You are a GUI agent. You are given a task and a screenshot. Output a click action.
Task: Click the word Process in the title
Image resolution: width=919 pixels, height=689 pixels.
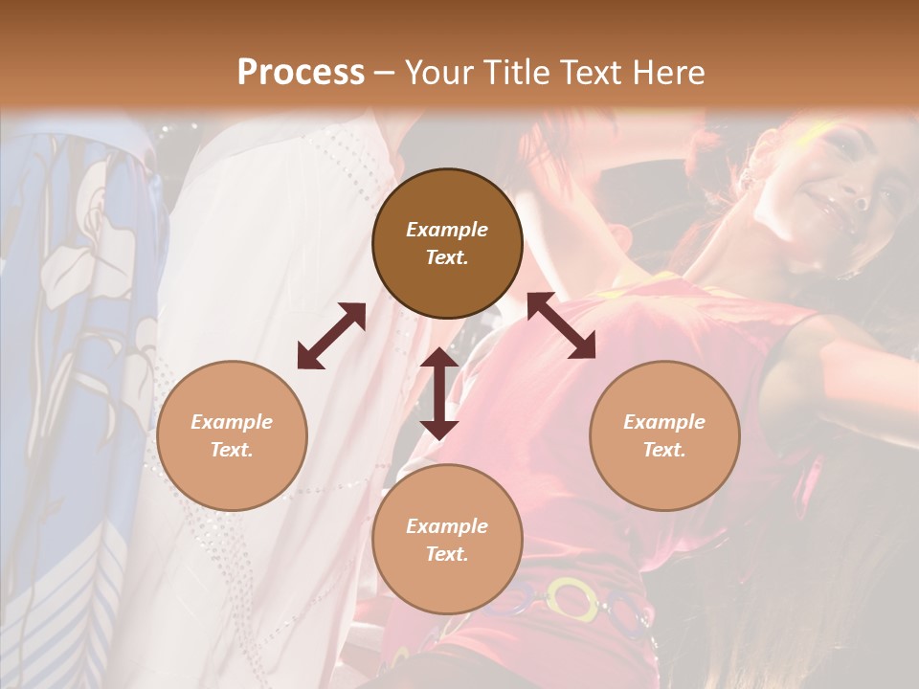tap(301, 73)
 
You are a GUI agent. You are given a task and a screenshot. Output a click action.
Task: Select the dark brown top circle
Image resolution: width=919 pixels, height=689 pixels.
tap(447, 243)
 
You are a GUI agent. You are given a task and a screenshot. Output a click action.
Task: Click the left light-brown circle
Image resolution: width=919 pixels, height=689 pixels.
tap(232, 435)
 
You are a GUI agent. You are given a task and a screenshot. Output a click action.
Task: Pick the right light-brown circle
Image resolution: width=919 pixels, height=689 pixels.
tap(664, 435)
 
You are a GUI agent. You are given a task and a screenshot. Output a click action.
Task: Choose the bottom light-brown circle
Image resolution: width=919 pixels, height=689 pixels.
tap(447, 539)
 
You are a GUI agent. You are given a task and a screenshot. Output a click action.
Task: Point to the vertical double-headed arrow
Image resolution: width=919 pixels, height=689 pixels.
tap(439, 393)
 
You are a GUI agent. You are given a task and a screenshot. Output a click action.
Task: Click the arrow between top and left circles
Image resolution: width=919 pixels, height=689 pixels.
tap(331, 336)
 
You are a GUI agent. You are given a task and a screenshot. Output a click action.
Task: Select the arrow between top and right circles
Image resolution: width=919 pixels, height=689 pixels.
tap(561, 325)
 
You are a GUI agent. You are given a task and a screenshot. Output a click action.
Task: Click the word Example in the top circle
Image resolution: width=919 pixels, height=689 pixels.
tap(447, 230)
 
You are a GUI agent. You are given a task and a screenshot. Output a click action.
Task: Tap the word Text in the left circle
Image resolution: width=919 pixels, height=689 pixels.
tap(232, 450)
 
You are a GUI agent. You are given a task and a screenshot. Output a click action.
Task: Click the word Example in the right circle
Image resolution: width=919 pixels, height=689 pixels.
tap(664, 422)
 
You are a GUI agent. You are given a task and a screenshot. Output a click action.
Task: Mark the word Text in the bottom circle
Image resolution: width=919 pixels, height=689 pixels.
tap(447, 554)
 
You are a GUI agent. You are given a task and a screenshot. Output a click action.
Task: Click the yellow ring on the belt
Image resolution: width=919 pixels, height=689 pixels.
tap(572, 599)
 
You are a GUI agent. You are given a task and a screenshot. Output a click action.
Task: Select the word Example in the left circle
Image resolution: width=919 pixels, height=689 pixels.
tap(232, 422)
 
